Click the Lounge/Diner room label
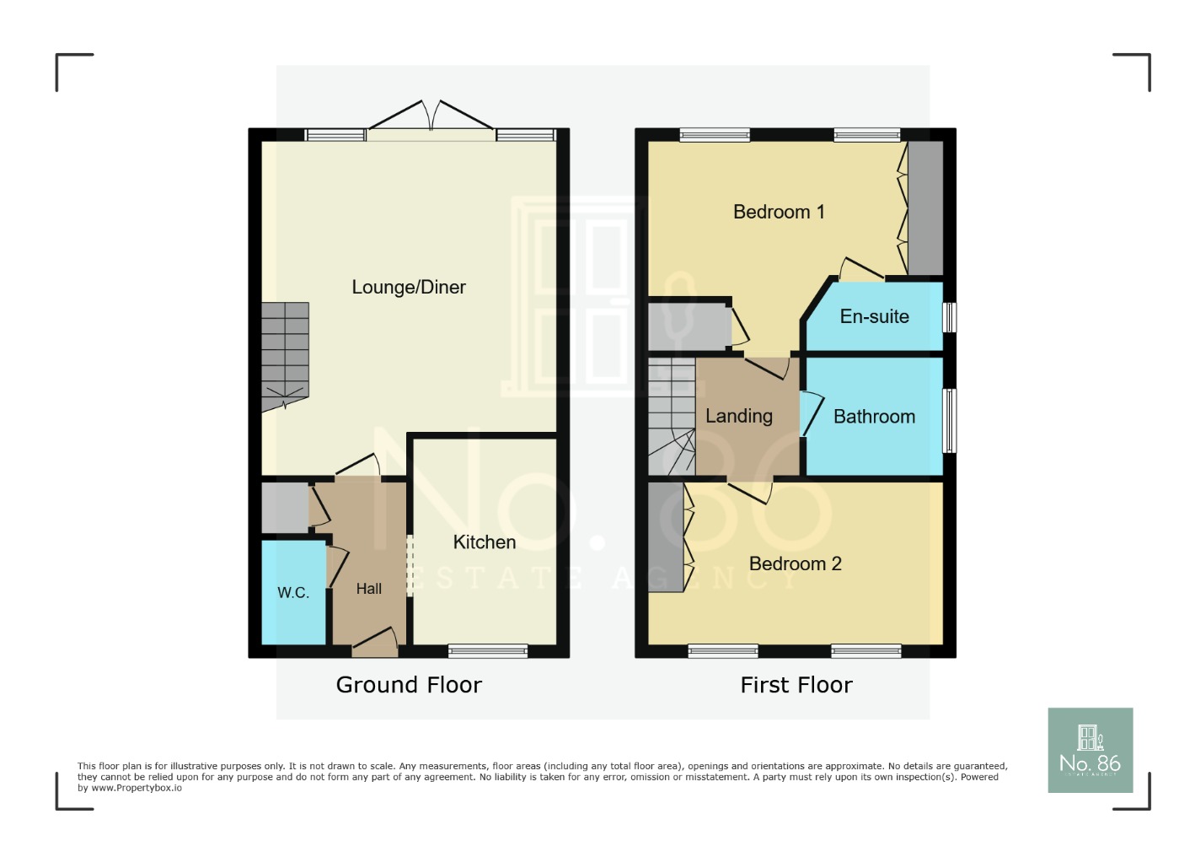coord(409,288)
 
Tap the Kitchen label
coord(484,542)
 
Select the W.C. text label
coord(293,593)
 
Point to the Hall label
coord(368,589)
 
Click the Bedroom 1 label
coord(779,212)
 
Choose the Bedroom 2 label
coord(795,563)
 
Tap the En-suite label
coord(874,316)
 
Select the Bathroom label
coord(874,417)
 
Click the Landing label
coord(738,416)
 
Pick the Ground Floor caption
coord(409,685)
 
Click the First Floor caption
coord(796,685)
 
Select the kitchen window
coord(488,650)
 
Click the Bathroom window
coord(949,420)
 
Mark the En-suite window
coord(949,317)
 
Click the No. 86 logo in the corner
coord(1090,750)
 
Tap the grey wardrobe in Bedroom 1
coord(925,208)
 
